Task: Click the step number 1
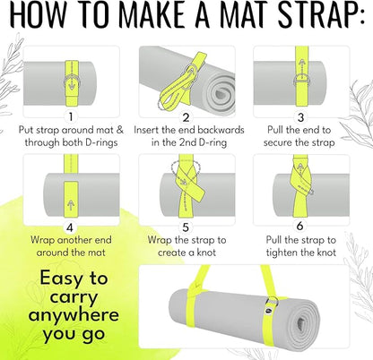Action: pos(71,117)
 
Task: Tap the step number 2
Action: pos(186,117)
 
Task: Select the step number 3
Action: pos(300,117)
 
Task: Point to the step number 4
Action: pos(70,227)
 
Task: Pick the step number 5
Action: pos(186,227)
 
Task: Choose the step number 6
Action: pos(299,227)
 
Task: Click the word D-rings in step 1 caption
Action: pos(101,142)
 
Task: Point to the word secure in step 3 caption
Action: pos(278,142)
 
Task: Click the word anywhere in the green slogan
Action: pos(74,316)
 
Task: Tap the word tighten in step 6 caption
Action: pos(282,253)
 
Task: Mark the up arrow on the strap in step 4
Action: pos(71,205)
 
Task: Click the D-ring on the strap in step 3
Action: pos(301,80)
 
